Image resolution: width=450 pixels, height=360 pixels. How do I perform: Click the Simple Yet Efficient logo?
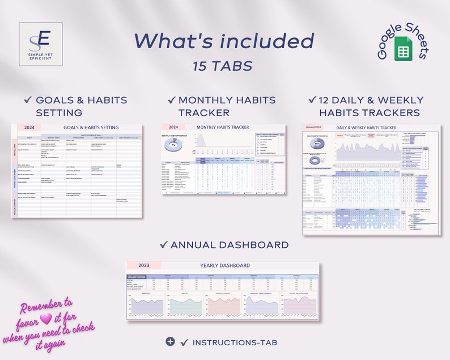click(40, 44)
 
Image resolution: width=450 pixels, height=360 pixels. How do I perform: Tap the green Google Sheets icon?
click(403, 51)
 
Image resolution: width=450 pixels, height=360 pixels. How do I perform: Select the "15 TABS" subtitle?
click(222, 66)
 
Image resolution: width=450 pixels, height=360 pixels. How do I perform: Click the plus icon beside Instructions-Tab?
click(170, 341)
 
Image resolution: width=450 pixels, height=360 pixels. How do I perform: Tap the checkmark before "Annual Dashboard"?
click(163, 245)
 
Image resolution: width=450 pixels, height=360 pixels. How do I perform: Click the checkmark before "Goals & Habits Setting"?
click(27, 100)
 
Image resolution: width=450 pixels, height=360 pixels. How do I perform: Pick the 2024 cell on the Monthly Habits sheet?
click(173, 128)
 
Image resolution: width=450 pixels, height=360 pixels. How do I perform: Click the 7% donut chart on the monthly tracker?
click(173, 145)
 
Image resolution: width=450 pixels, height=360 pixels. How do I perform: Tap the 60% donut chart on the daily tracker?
click(317, 143)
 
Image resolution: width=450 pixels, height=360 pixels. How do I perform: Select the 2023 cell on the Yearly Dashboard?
click(144, 265)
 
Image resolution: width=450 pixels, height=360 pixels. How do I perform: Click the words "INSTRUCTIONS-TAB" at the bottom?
click(234, 342)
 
